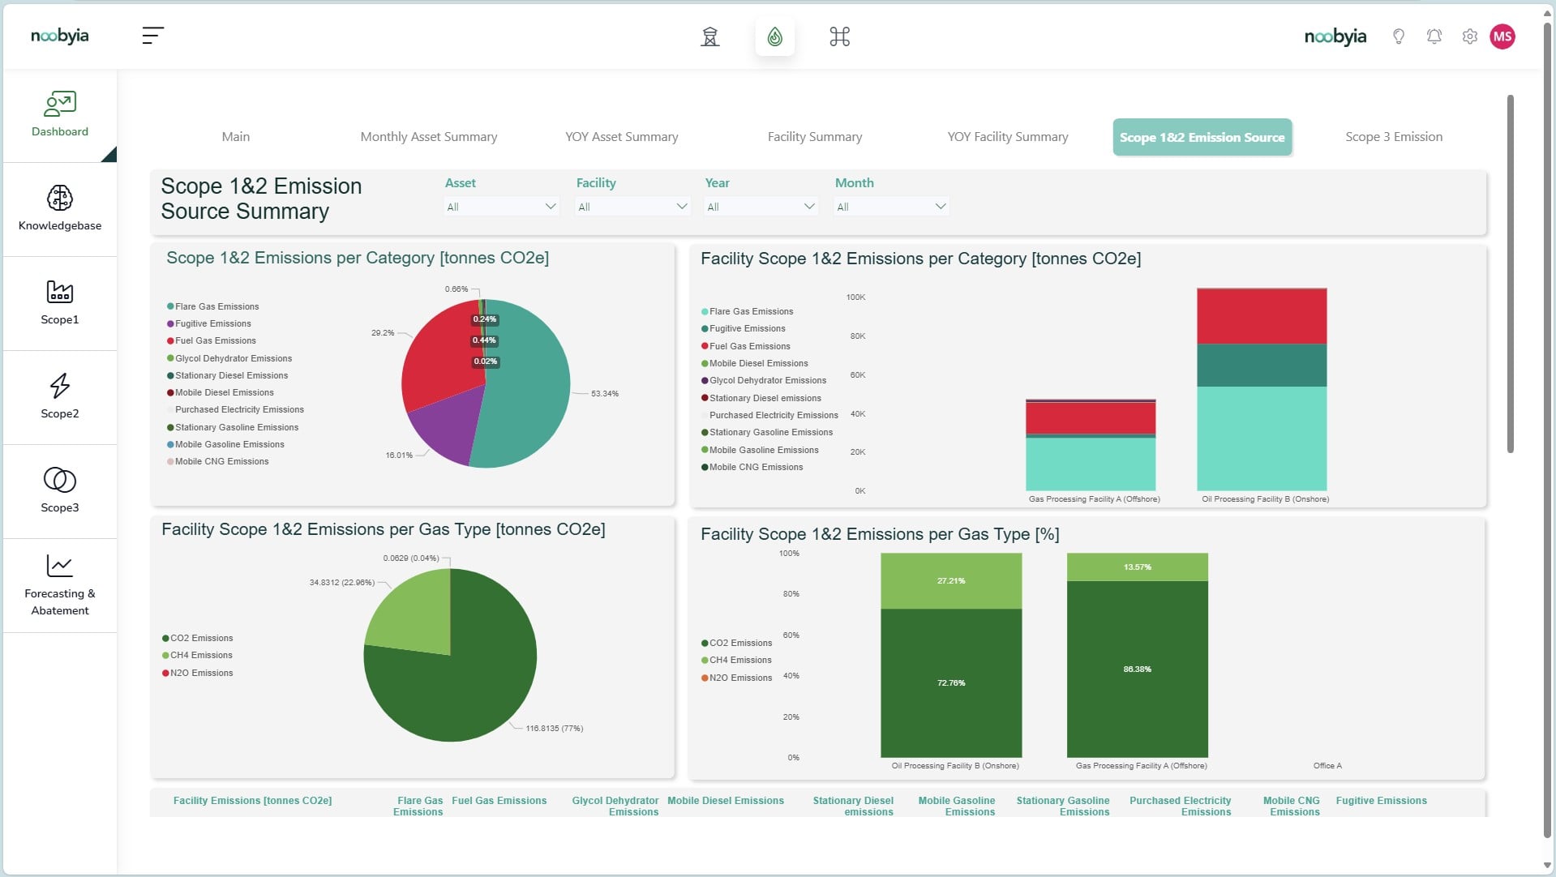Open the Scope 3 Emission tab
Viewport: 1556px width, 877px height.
pos(1394,137)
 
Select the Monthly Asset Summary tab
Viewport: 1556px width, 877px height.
pos(429,137)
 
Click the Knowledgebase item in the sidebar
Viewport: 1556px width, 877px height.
pos(60,208)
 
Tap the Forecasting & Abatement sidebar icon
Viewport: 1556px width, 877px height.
pos(60,566)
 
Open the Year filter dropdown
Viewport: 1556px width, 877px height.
pos(761,207)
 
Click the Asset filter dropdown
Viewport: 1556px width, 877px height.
pos(501,207)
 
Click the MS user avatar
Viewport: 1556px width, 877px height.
pos(1502,36)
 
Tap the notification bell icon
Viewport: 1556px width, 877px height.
pos(1434,36)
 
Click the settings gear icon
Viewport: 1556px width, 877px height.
pos(1470,36)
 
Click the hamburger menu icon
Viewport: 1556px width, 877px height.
pos(152,36)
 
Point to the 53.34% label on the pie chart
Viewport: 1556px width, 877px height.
pos(605,394)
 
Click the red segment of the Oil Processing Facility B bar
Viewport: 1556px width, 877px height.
pos(1262,316)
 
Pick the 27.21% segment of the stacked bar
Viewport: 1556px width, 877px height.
pos(951,581)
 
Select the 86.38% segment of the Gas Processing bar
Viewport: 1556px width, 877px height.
pos(1138,670)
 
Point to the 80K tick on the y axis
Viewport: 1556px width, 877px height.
pos(858,336)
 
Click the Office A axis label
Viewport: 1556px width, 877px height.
pos(1327,766)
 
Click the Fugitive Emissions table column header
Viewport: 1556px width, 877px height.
pos(1382,801)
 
